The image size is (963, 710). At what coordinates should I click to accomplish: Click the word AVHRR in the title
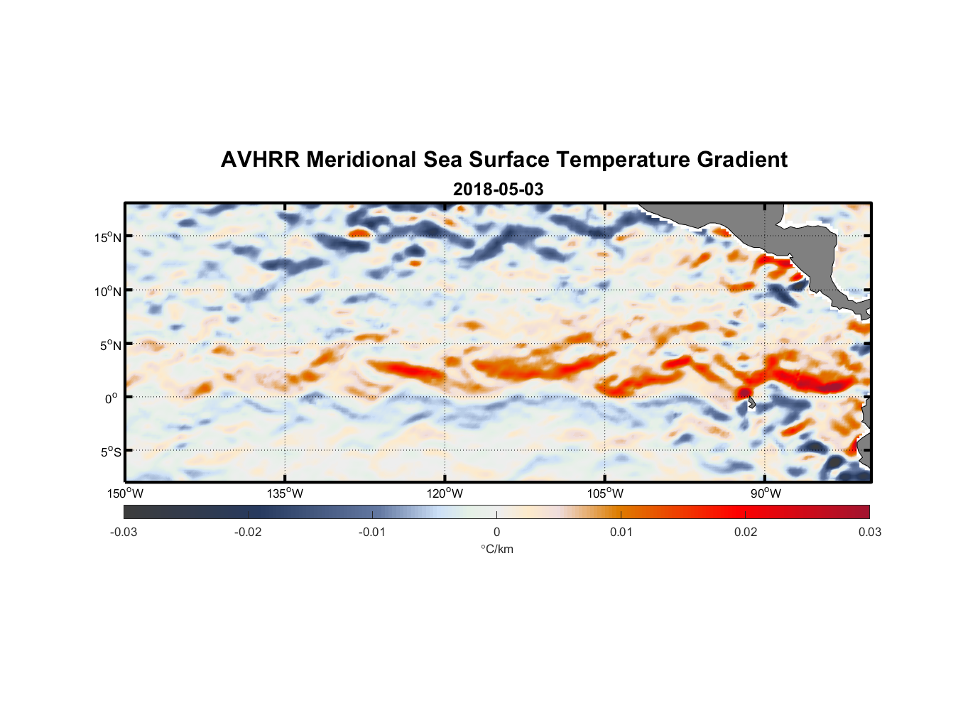tap(260, 160)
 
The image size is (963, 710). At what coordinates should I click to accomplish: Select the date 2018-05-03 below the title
tap(498, 190)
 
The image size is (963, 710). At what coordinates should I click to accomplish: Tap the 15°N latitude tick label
tap(108, 237)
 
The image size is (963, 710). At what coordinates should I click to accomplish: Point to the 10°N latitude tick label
tap(108, 291)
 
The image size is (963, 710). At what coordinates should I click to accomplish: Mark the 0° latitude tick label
tap(111, 398)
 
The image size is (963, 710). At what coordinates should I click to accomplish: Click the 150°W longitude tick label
tap(126, 493)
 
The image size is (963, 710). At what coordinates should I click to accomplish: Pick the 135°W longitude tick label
tap(285, 493)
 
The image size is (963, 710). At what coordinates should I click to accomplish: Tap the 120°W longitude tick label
tap(445, 493)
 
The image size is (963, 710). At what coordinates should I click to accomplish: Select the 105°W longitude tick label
tap(605, 493)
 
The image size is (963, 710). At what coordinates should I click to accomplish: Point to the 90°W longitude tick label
tap(766, 493)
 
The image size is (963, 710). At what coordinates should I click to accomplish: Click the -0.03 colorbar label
tap(124, 532)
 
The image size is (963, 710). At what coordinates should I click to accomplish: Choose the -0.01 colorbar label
tap(372, 532)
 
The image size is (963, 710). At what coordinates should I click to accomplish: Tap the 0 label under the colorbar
tap(496, 532)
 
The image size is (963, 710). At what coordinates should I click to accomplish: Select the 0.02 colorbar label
tap(746, 532)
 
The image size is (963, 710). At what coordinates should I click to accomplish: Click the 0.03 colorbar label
tap(869, 532)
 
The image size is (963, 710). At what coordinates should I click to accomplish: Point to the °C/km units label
tap(496, 549)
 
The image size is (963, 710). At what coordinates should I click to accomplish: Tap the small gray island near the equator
tap(751, 403)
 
